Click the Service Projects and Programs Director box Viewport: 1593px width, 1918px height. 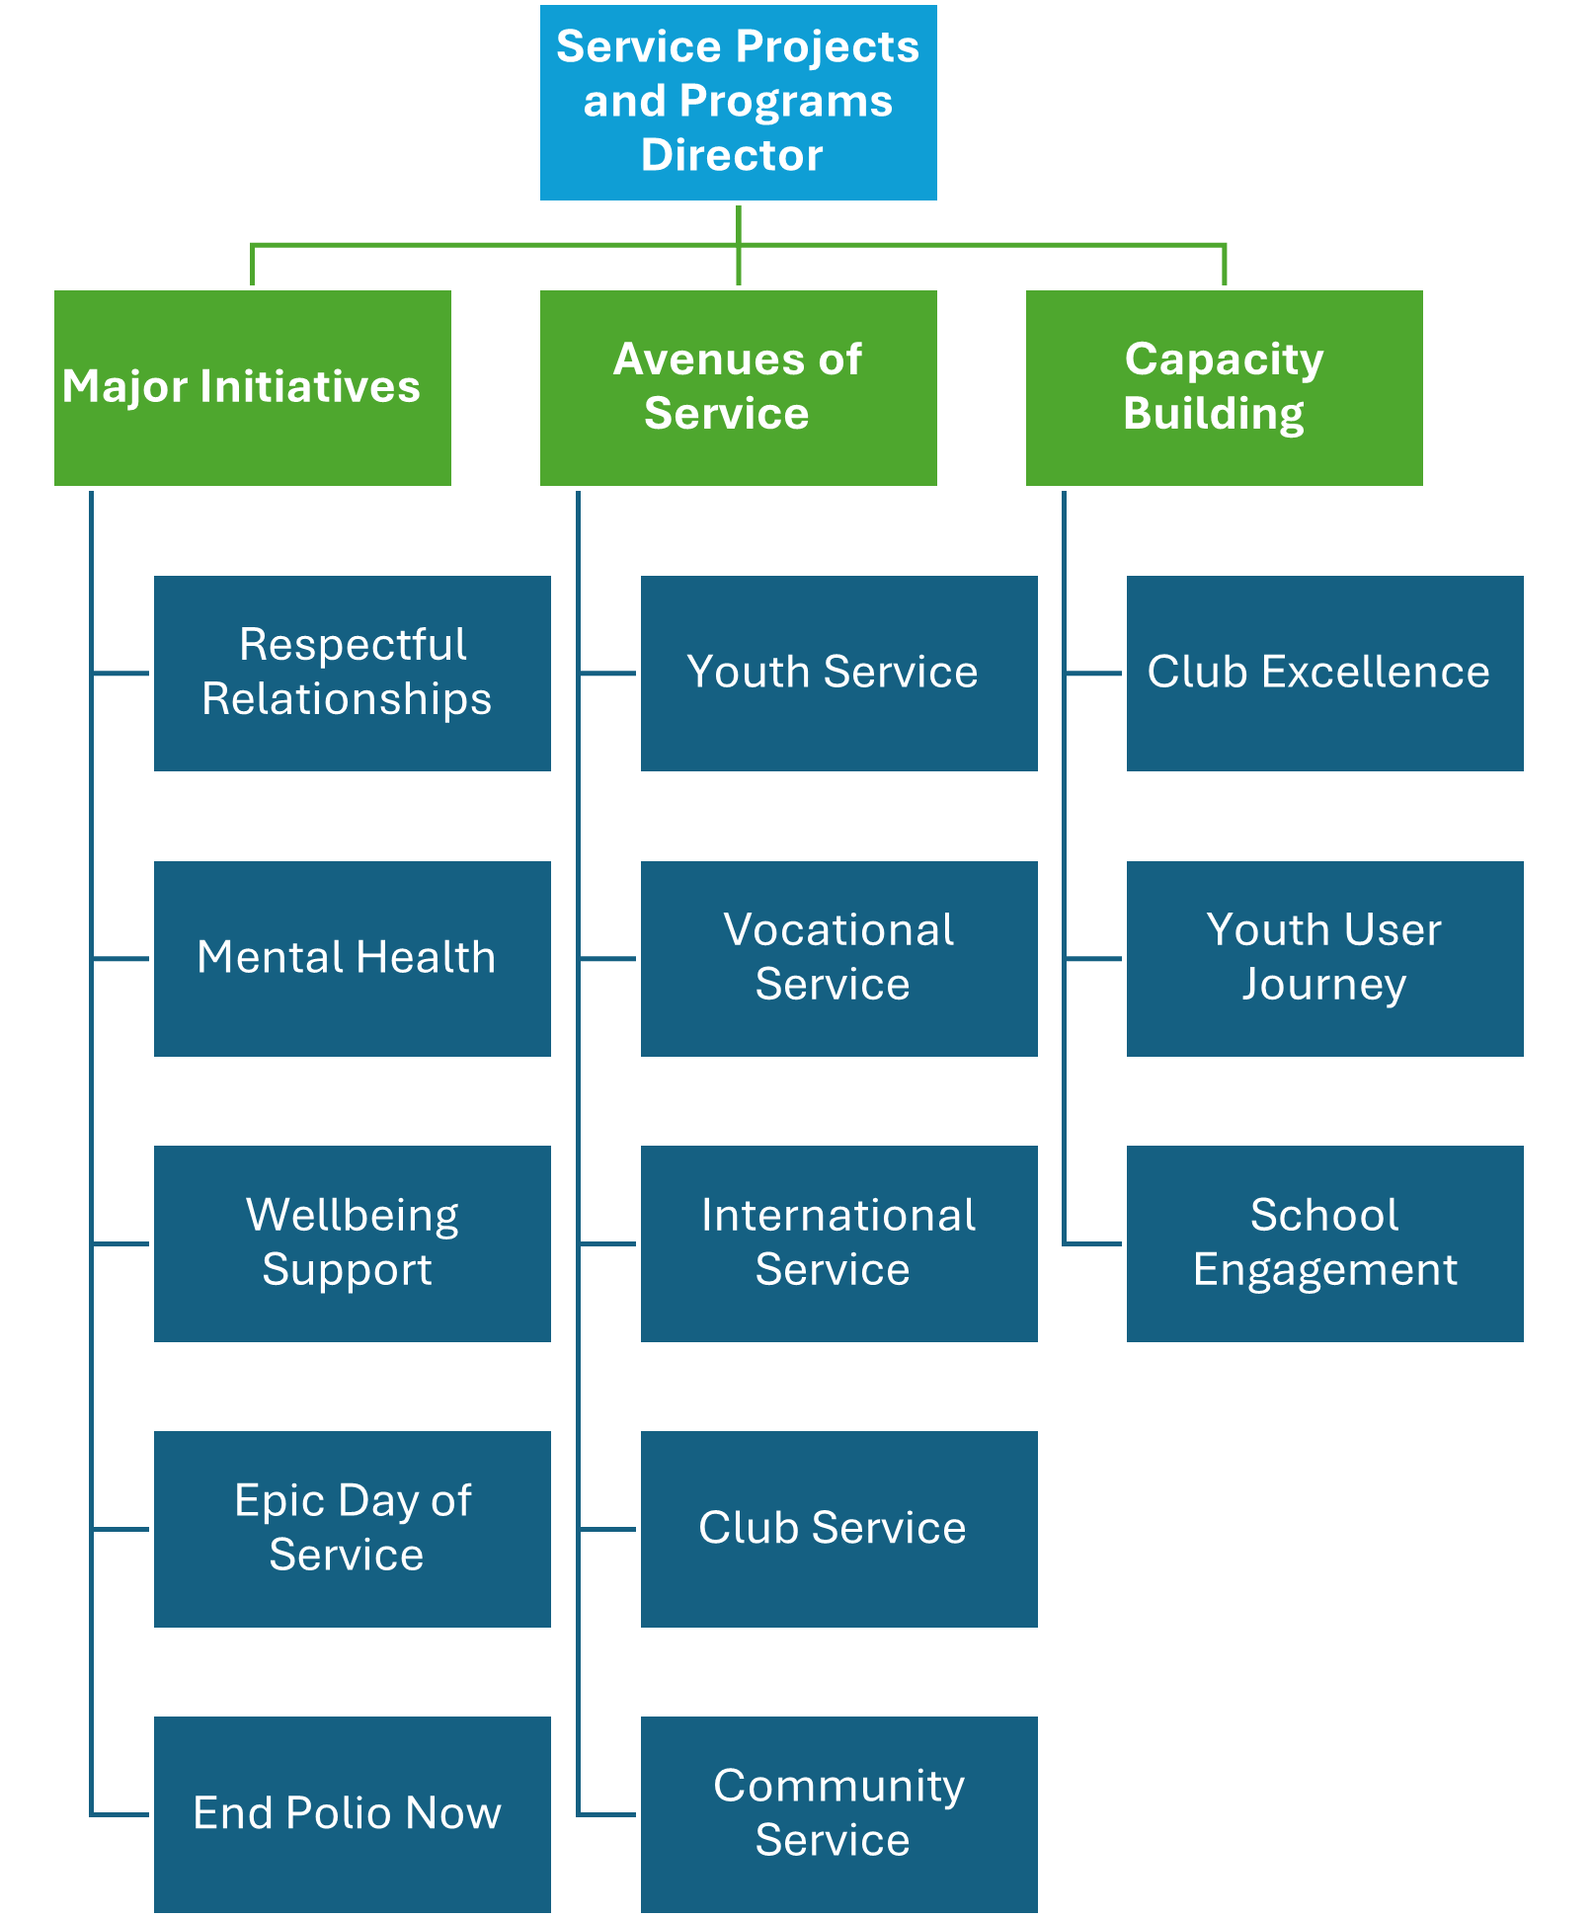(x=738, y=103)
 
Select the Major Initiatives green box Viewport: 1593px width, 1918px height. (x=253, y=388)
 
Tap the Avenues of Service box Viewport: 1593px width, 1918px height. (x=738, y=388)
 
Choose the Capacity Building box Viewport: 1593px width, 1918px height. (x=1224, y=388)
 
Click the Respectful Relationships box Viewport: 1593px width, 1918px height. (x=353, y=673)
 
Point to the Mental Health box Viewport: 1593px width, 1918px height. (x=353, y=958)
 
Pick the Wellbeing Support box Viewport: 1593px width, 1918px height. (x=353, y=1243)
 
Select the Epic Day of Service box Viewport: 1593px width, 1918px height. (x=353, y=1528)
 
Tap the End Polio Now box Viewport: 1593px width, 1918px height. (x=353, y=1813)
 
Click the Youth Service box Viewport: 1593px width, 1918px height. (x=838, y=673)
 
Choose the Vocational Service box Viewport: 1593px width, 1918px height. (x=838, y=958)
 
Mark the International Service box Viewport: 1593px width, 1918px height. (x=838, y=1243)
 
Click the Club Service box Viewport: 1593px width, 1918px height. (x=838, y=1528)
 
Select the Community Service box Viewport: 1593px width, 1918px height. (x=838, y=1813)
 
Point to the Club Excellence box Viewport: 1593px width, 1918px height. (x=1324, y=673)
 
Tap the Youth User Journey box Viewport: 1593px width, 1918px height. (x=1324, y=958)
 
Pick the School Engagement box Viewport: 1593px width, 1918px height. (x=1324, y=1243)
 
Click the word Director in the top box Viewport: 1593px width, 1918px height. (x=732, y=156)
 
